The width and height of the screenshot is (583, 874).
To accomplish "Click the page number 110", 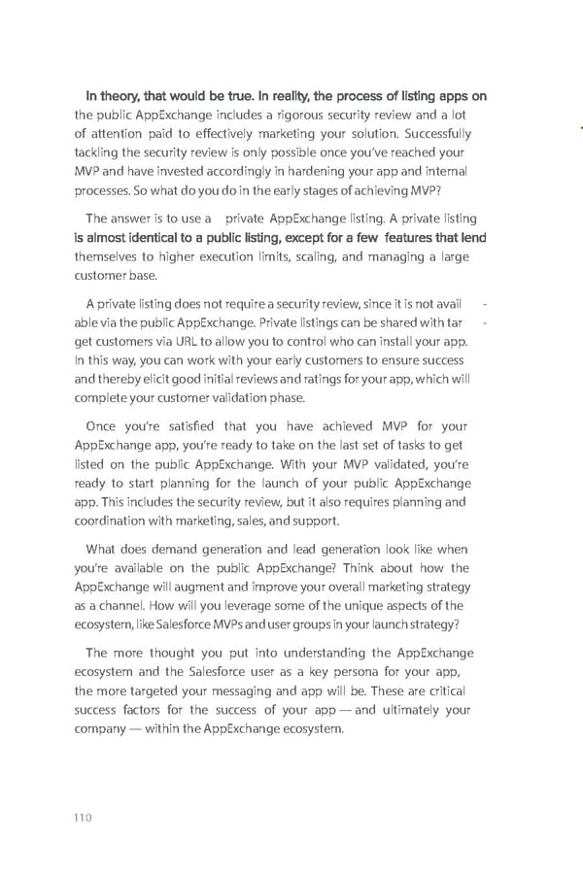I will [x=82, y=818].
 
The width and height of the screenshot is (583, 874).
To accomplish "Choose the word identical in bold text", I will [x=156, y=238].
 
